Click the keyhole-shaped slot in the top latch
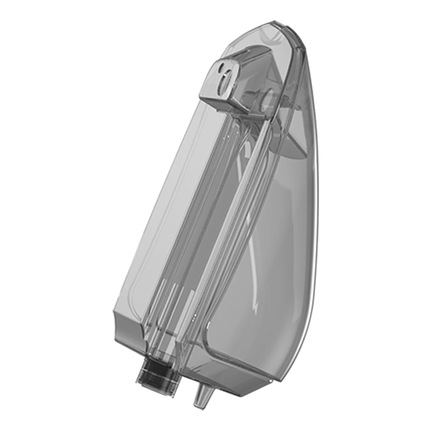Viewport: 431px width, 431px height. tap(226, 75)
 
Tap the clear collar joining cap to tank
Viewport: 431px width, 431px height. tap(161, 359)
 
